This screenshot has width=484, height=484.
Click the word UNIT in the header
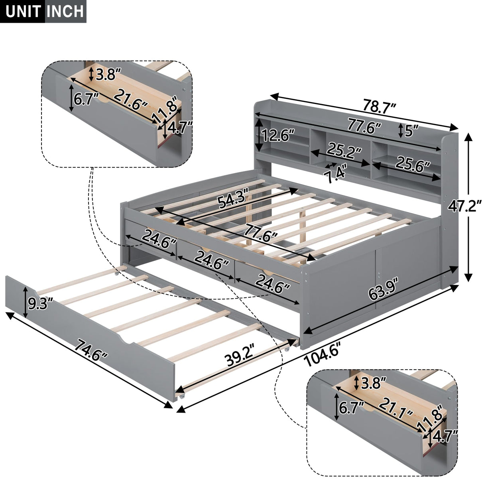click(23, 12)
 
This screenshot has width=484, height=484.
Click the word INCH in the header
click(65, 12)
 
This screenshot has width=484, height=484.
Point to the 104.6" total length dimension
click(321, 356)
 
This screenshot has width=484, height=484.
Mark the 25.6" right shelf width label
click(413, 163)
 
